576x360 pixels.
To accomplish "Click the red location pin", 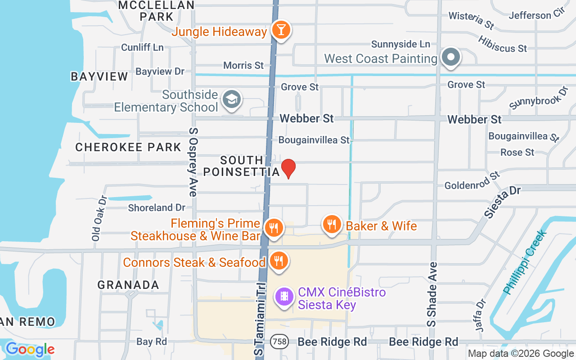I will [288, 168].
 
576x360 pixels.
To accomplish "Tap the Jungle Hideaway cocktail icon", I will [281, 30].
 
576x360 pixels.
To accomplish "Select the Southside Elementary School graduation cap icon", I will [232, 100].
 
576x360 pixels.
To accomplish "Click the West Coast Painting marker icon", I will [450, 58].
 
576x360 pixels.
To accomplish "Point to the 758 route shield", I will [279, 342].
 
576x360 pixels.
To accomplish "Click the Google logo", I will [30, 349].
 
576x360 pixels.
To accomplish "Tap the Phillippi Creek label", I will [525, 262].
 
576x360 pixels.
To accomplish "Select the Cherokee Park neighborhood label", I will [128, 147].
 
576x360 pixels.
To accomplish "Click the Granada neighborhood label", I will [128, 285].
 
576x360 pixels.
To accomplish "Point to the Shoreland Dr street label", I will [157, 207].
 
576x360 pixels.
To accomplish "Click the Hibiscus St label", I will [502, 43].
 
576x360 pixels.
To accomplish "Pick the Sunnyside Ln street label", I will [400, 44].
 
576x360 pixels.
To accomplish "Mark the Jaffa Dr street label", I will [481, 315].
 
